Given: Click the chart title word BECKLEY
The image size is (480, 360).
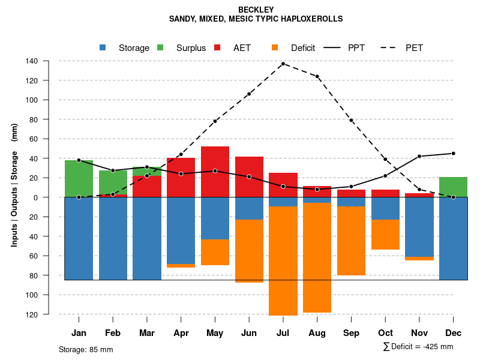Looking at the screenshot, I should [x=256, y=10].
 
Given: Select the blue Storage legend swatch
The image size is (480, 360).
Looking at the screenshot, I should [x=103, y=48].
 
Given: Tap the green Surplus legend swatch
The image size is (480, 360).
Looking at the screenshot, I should [x=160, y=48].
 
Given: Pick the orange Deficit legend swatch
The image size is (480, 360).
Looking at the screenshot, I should [x=275, y=48].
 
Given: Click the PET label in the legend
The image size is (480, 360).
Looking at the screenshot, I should [x=414, y=48].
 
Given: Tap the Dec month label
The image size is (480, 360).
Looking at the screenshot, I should [x=453, y=333].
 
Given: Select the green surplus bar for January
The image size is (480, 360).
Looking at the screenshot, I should [x=79, y=179].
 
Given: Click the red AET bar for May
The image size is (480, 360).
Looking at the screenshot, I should [x=215, y=172].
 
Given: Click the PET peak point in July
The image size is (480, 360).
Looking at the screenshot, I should [x=283, y=64].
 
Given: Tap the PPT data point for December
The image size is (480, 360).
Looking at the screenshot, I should [x=453, y=153].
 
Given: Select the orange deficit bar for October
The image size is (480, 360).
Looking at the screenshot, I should [x=385, y=235].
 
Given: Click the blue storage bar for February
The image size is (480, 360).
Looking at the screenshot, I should [x=113, y=238].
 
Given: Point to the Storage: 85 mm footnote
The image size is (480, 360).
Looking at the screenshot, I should [x=86, y=349].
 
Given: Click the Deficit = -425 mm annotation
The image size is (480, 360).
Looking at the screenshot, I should [x=418, y=347].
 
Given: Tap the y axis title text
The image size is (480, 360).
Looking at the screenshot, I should [x=14, y=185].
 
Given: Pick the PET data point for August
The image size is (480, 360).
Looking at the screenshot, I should [x=317, y=76].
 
